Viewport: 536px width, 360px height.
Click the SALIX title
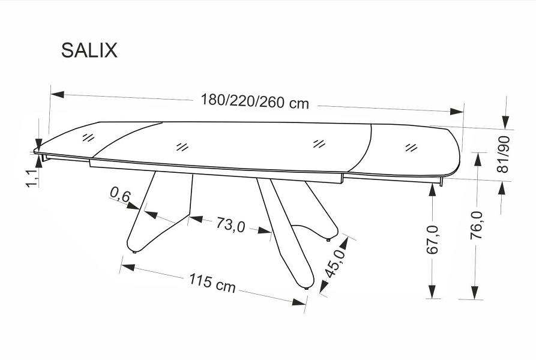[x=89, y=50]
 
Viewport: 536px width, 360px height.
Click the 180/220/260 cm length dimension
[x=254, y=101]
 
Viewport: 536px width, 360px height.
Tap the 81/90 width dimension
[x=503, y=154]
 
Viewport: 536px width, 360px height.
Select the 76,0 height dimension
[x=476, y=225]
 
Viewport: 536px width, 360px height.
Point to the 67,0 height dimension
[x=432, y=240]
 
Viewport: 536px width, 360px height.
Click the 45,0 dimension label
[x=334, y=263]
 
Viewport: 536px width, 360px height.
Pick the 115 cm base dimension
[x=212, y=283]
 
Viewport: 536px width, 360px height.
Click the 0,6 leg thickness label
[x=120, y=194]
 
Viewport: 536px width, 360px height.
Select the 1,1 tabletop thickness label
[x=32, y=178]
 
